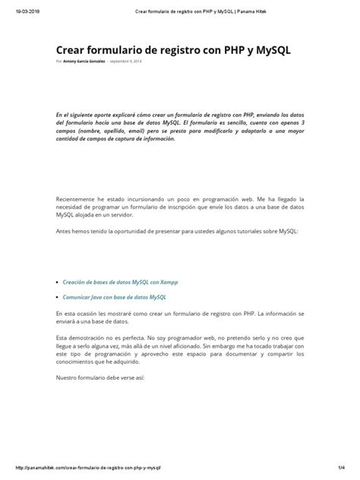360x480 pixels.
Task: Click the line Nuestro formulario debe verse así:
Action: point(99,377)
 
